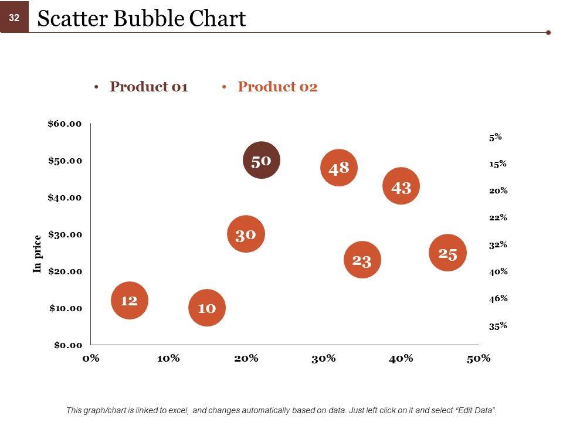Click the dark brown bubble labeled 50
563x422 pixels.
pos(262,160)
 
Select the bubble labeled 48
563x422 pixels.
pos(339,168)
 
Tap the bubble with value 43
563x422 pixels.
pos(401,187)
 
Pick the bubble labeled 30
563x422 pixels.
pos(246,234)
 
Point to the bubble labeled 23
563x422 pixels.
pos(362,260)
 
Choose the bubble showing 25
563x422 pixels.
pos(447,253)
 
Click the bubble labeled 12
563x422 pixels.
pos(130,300)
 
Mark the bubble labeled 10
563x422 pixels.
pos(207,307)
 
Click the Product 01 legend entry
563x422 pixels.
pos(148,87)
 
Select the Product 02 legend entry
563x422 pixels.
pos(277,87)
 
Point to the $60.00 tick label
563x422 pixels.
pos(65,124)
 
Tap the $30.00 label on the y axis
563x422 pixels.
pos(65,234)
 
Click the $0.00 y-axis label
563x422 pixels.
pos(68,345)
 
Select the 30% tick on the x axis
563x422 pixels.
pos(323,358)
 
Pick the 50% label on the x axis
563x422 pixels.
pos(479,358)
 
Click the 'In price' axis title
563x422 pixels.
pos(38,254)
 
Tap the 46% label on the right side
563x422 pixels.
pos(498,298)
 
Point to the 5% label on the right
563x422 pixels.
pos(495,137)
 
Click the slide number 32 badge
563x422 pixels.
pos(14,18)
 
